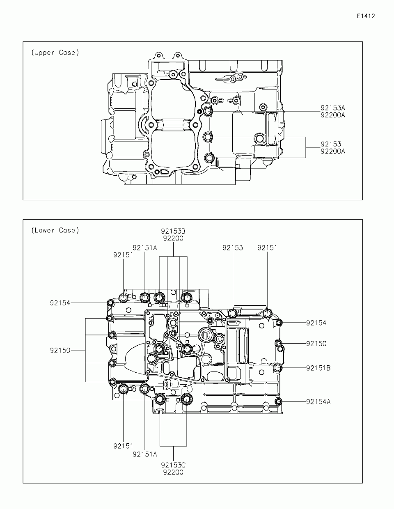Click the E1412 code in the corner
[x=366, y=16]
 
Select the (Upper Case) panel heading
[x=55, y=53]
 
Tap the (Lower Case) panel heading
[x=55, y=230]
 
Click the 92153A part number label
[x=333, y=108]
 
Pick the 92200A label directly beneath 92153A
[x=333, y=115]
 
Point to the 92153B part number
[x=173, y=231]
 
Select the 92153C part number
[x=173, y=465]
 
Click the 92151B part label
[x=318, y=368]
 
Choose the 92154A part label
[x=318, y=401]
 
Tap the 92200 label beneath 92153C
[x=173, y=472]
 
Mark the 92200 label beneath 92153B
[x=173, y=238]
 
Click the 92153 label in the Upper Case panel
[x=331, y=144]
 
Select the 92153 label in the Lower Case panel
[x=233, y=248]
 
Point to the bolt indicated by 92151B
[x=278, y=368]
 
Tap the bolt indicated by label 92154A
[x=278, y=401]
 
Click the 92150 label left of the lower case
[x=60, y=350]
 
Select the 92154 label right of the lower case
[x=316, y=323]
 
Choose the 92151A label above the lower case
[x=145, y=248]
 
